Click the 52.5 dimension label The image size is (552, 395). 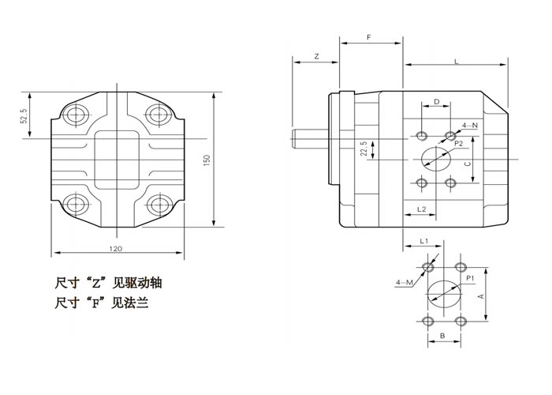pos(24,116)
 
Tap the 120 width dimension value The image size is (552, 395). pos(117,248)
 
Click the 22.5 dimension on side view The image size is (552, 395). pos(364,149)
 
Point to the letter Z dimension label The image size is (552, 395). pos(315,57)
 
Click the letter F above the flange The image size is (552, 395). pos(371,37)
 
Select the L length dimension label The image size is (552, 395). pos(457,61)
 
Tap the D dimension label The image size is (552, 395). pos(436,102)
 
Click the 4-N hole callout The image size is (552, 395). pos(470,125)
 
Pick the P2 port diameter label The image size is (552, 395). pos(457,145)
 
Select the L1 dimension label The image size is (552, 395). pos(423,240)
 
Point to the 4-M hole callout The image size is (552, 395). pos(403,281)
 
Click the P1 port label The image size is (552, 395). pos(469,279)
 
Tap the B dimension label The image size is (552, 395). pos(442,336)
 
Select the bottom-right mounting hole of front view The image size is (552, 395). pos(158,207)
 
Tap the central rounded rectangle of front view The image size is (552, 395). pos(118,162)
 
